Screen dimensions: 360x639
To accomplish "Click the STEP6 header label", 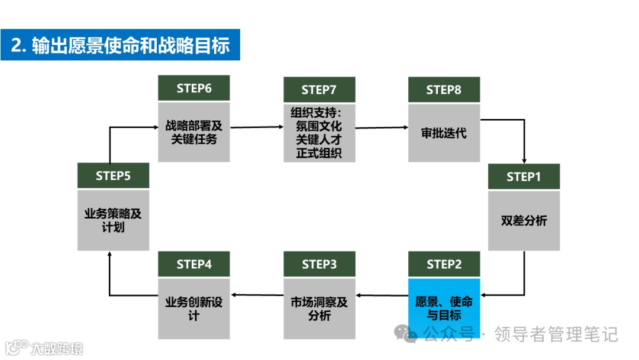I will click(x=193, y=89).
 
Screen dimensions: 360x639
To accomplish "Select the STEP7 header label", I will click(x=319, y=89).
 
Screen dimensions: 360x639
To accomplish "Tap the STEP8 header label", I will click(x=444, y=89).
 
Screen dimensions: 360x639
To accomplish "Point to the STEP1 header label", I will click(x=524, y=176).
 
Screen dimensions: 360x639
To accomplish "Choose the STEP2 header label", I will click(x=444, y=264).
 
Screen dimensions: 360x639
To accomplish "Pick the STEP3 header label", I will click(x=319, y=264).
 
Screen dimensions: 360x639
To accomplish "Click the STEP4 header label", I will click(x=193, y=264).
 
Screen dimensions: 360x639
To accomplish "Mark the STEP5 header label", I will click(x=113, y=176).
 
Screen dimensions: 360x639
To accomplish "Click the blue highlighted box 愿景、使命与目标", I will click(x=444, y=307).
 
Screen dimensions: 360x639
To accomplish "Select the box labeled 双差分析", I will click(x=524, y=220).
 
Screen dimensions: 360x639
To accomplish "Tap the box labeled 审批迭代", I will click(x=444, y=133).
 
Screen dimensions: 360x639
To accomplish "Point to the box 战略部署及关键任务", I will click(x=193, y=133).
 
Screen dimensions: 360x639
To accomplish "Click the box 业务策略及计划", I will click(x=113, y=220).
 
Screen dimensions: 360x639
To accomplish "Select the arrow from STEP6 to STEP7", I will click(x=256, y=127).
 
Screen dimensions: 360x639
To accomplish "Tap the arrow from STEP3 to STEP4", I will click(x=256, y=295).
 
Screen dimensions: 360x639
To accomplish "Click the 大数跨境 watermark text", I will click(x=57, y=347).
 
